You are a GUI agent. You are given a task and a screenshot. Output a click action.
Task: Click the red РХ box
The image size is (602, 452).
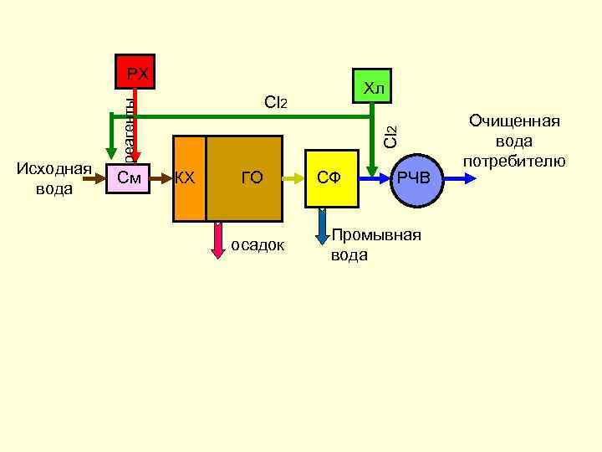click(x=136, y=74)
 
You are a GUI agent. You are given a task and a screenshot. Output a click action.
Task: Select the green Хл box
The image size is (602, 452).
click(x=373, y=86)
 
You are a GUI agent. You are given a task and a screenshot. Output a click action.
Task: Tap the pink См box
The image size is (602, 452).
click(x=129, y=177)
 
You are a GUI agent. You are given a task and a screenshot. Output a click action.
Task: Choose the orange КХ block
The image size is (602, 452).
click(x=188, y=177)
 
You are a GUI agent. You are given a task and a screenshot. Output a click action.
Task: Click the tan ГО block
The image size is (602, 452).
click(x=251, y=177)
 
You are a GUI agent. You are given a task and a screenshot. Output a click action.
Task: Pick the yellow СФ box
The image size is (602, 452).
click(x=331, y=177)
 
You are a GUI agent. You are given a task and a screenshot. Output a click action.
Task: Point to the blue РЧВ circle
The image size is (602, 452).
click(x=413, y=178)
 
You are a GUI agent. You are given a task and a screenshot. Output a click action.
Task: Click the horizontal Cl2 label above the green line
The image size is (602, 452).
click(x=275, y=103)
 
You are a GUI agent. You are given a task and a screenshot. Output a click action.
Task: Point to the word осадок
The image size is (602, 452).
click(x=258, y=245)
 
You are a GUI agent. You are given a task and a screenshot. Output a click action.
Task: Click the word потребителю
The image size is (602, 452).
click(x=514, y=161)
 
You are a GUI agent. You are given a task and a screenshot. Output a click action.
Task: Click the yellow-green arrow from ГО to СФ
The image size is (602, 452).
click(x=293, y=177)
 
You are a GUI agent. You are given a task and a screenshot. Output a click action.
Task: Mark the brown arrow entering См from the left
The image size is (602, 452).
click(x=99, y=177)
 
